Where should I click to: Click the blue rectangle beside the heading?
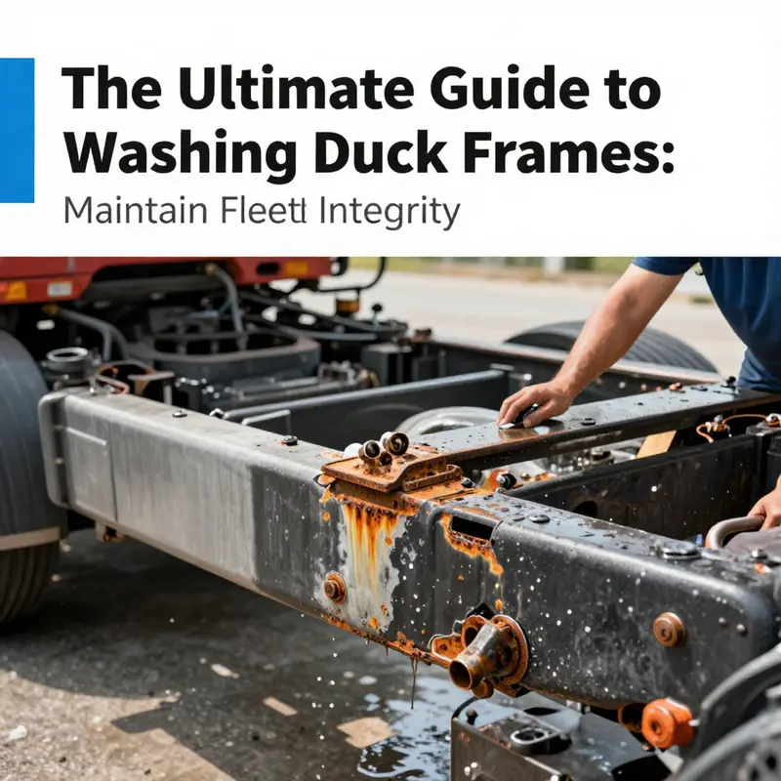point(17,130)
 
